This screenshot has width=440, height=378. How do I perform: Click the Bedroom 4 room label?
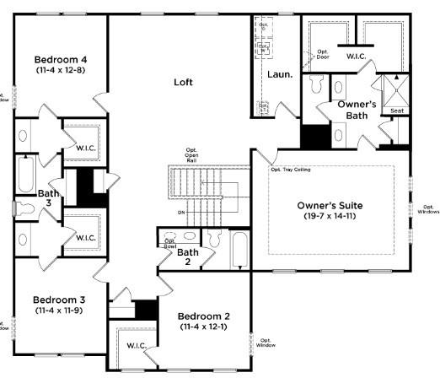click(x=62, y=60)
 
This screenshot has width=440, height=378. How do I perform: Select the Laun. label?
click(x=279, y=74)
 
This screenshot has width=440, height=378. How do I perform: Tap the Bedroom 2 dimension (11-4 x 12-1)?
click(x=205, y=328)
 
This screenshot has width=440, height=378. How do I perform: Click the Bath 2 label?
click(x=187, y=256)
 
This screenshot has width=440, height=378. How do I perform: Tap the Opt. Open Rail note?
click(x=192, y=155)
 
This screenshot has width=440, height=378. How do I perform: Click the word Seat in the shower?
click(x=396, y=111)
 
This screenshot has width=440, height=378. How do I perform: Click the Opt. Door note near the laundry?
click(x=324, y=56)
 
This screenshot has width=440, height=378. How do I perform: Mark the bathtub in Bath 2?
click(x=239, y=250)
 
